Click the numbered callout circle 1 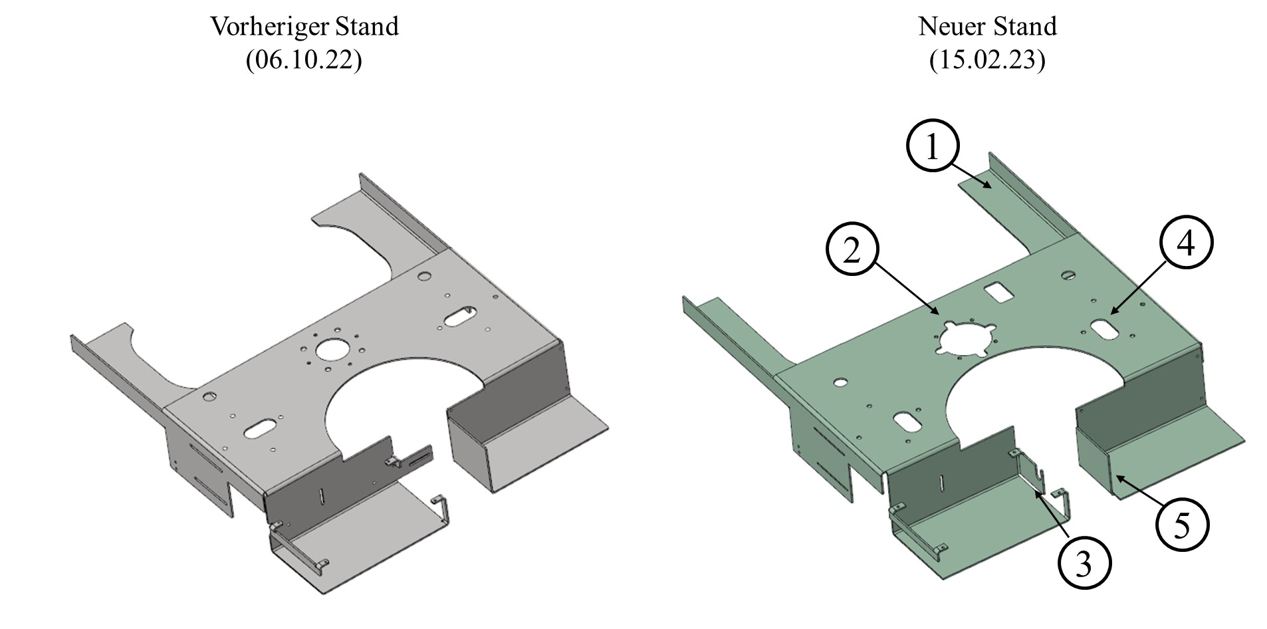(x=933, y=147)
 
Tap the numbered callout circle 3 (x=1084, y=564)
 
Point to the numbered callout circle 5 (x=1182, y=525)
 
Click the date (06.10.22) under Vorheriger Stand (x=304, y=61)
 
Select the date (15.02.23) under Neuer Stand (x=987, y=61)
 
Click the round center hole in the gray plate (x=332, y=349)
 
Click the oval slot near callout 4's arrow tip (x=1103, y=328)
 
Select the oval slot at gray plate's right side (x=459, y=317)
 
